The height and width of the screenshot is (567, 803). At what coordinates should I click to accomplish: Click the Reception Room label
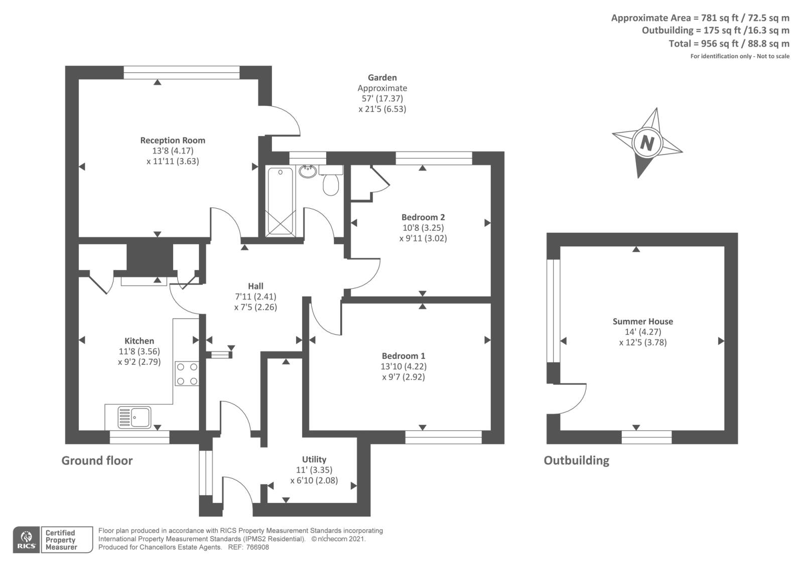(x=173, y=140)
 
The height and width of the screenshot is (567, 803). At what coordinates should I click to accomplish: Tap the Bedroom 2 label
(x=423, y=217)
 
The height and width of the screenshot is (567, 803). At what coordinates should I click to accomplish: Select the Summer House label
(x=642, y=321)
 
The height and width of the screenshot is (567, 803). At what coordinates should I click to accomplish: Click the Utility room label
(x=314, y=459)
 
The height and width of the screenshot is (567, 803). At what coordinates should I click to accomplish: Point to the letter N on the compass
(x=647, y=144)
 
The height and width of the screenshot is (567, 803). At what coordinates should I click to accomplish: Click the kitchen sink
(x=135, y=417)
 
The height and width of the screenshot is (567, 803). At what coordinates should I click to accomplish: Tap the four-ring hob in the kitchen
(x=187, y=374)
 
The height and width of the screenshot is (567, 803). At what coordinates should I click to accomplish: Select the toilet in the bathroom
(x=331, y=182)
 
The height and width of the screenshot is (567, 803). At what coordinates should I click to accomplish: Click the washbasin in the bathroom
(x=307, y=172)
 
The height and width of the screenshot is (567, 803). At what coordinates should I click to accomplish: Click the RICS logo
(x=26, y=540)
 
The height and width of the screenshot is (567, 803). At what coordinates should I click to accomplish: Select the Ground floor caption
(x=97, y=461)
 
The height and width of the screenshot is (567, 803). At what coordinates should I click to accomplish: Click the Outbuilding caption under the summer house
(x=576, y=461)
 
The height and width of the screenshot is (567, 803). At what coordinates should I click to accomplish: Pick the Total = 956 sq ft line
(x=729, y=44)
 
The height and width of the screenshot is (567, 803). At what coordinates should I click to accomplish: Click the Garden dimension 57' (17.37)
(x=382, y=98)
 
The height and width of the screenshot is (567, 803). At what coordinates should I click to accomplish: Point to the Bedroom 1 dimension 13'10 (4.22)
(x=404, y=366)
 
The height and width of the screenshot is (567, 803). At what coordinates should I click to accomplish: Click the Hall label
(x=255, y=286)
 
